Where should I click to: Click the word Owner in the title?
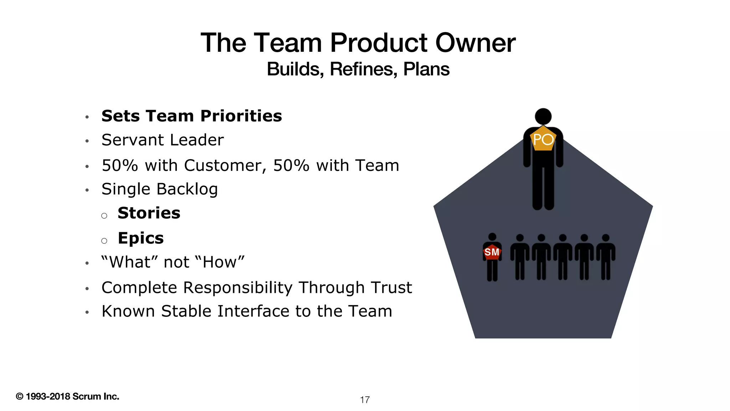pyautogui.click(x=475, y=43)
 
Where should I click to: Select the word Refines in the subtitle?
pyautogui.click(x=363, y=69)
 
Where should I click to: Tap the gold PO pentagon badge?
pyautogui.click(x=543, y=139)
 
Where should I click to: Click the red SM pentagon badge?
pyautogui.click(x=492, y=252)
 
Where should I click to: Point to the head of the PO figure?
pyautogui.click(x=543, y=116)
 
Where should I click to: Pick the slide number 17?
pyautogui.click(x=365, y=400)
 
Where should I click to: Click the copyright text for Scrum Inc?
pyautogui.click(x=67, y=396)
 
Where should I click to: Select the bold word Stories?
pyautogui.click(x=149, y=213)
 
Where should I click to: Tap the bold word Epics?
pyautogui.click(x=141, y=238)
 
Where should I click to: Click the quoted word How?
pyautogui.click(x=220, y=262)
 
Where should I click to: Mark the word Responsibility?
pyautogui.click(x=238, y=288)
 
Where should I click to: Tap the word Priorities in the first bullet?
pyautogui.click(x=241, y=116)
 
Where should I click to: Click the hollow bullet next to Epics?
pyautogui.click(x=104, y=241)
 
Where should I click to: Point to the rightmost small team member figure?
pyautogui.click(x=606, y=257)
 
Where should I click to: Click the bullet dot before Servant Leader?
pyautogui.click(x=87, y=141)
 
